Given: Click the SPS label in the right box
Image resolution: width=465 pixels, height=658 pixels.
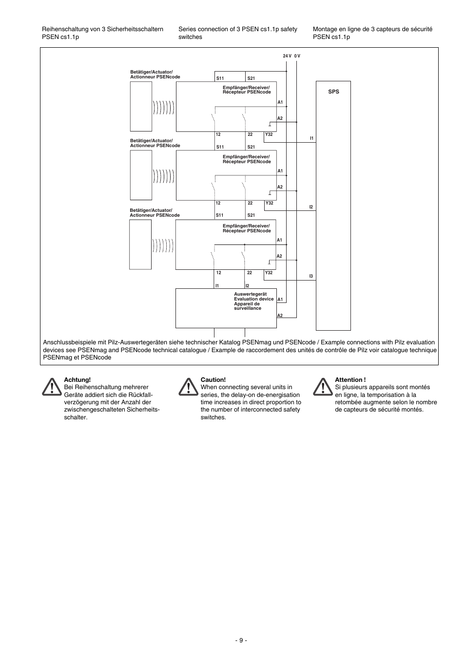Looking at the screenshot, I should (x=333, y=92).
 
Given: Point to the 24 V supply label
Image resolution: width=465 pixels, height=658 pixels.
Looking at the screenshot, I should (x=287, y=56).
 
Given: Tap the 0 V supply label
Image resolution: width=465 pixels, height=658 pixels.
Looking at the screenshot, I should (x=297, y=56).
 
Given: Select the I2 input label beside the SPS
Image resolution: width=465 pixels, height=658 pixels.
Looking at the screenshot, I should (x=311, y=207).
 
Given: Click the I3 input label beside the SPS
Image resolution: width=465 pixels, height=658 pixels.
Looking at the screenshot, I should (x=311, y=276).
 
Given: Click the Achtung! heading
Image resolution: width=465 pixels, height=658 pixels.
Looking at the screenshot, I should (x=77, y=380).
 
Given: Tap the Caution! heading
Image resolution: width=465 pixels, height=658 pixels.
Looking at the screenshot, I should (x=213, y=380).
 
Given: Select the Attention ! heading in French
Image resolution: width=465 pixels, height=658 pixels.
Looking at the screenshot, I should (x=350, y=380).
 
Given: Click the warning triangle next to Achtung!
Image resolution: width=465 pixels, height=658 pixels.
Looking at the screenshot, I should (x=50, y=387).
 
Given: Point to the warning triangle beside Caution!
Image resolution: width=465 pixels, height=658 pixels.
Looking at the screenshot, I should (x=187, y=387).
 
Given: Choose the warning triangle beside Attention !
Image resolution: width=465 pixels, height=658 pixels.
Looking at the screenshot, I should (x=322, y=387).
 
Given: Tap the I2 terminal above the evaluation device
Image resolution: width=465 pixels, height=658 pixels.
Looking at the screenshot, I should (x=248, y=286).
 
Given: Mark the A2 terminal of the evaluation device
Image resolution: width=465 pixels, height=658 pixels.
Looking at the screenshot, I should (x=280, y=316).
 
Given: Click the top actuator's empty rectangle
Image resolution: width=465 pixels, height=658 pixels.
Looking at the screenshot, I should (x=141, y=106).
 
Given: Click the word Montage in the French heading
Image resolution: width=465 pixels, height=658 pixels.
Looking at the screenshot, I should (x=325, y=29).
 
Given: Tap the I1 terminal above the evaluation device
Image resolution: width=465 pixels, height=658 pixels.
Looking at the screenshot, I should (x=217, y=286).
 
